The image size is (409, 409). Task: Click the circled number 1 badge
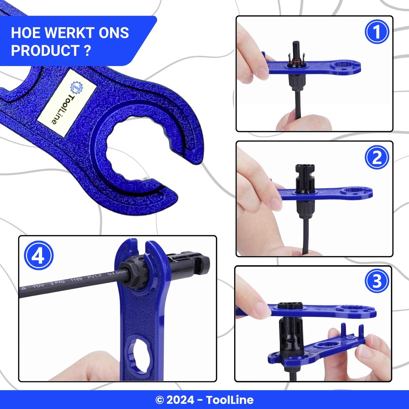(377, 32)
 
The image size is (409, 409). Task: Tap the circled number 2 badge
(377, 157)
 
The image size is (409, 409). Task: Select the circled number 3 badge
(377, 282)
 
